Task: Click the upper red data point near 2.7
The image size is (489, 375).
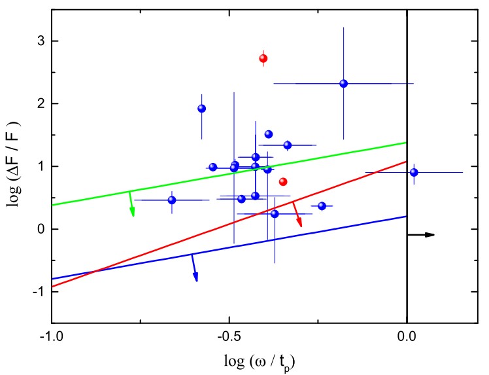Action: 263,58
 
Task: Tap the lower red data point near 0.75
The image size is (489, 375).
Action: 283,181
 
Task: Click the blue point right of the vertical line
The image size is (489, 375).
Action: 414,172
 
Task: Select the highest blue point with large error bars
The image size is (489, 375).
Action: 344,83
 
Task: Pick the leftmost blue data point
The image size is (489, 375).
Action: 172,200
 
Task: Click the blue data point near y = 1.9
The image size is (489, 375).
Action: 202,109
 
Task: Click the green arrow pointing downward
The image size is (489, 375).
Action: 131,204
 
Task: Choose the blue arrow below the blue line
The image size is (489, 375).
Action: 194,268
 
